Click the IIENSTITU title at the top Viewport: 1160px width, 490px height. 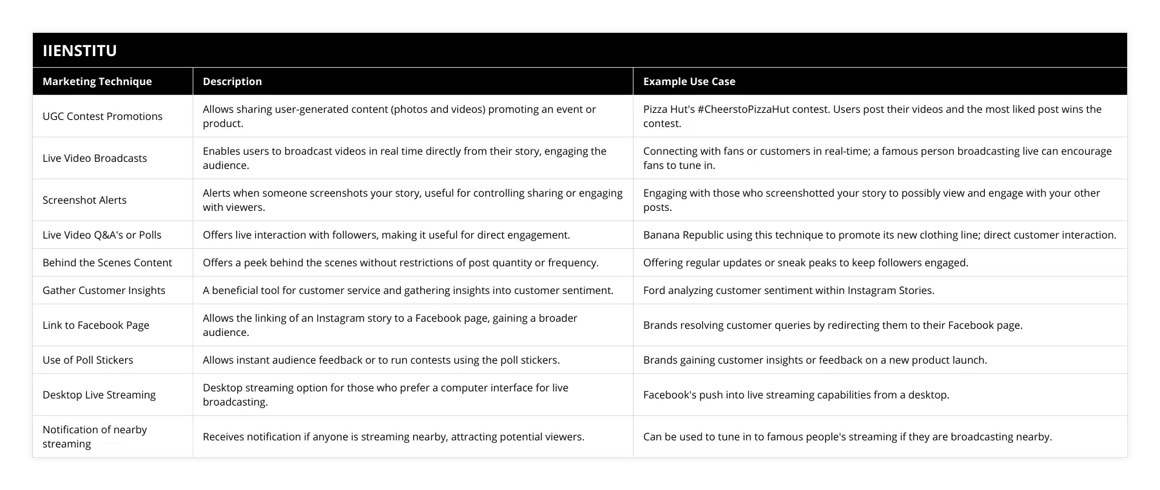pos(79,50)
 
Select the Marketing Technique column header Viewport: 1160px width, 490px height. pos(97,81)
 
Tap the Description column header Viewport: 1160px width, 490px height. pos(232,81)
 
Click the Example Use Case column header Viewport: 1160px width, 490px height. pos(689,81)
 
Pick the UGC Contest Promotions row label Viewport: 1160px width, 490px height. pos(102,116)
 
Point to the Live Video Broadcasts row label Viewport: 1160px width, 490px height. pos(95,158)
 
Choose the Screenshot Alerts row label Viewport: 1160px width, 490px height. pos(84,200)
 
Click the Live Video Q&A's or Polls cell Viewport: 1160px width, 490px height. pos(102,235)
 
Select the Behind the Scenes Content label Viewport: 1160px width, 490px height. pos(107,262)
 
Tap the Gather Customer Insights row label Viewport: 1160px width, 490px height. pos(104,290)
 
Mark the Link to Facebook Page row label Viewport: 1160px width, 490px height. pos(96,325)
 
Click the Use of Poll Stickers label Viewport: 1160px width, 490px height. pos(88,360)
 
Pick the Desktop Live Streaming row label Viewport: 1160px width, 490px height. pos(99,395)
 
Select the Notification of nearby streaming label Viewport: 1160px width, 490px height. pos(95,436)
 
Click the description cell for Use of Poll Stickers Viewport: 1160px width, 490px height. pos(381,360)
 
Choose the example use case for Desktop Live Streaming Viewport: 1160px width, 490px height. pos(796,395)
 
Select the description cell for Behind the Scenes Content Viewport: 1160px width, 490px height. pos(400,262)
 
